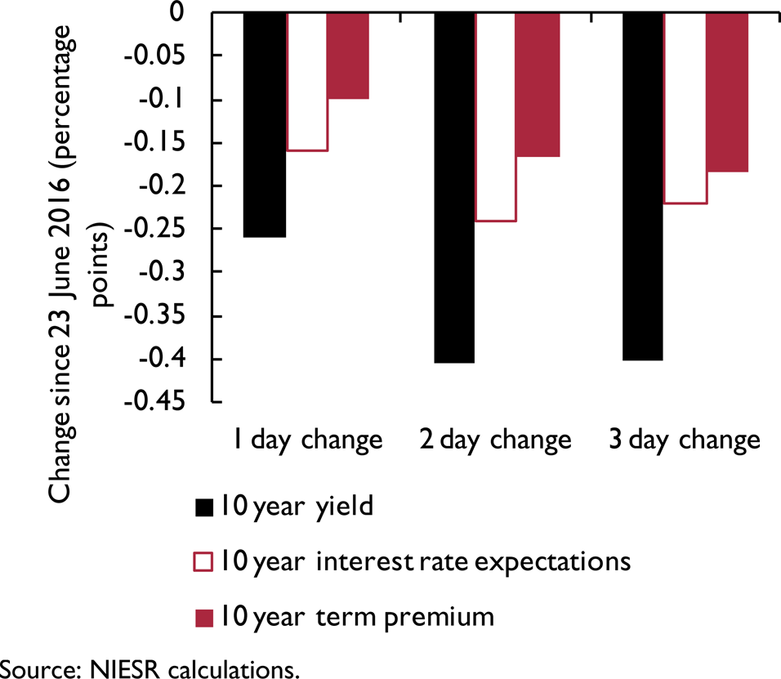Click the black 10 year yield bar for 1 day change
(x=264, y=125)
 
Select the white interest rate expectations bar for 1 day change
(x=306, y=82)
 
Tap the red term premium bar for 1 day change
(x=348, y=56)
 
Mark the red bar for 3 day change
(x=727, y=92)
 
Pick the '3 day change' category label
(x=685, y=440)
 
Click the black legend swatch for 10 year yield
(x=203, y=507)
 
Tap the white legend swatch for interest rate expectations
(x=203, y=562)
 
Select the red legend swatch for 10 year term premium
(x=203, y=617)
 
